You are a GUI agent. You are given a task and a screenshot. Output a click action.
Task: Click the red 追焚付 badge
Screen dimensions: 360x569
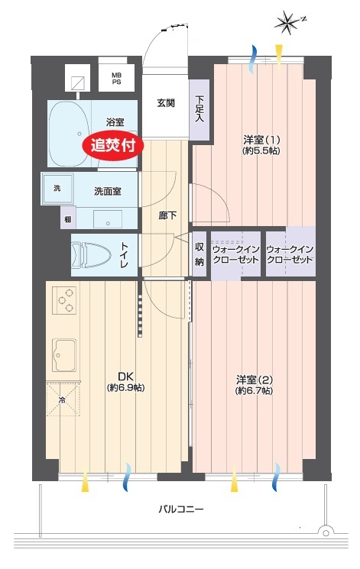point(114,146)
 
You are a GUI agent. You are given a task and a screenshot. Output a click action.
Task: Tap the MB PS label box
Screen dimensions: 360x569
point(116,78)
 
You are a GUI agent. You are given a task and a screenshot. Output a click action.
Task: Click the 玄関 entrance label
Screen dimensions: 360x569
point(166,103)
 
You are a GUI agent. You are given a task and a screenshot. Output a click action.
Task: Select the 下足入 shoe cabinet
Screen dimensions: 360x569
point(199,110)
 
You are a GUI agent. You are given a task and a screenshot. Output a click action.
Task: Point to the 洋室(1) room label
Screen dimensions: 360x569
point(261,145)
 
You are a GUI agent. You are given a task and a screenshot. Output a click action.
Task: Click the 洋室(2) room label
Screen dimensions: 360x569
point(255,385)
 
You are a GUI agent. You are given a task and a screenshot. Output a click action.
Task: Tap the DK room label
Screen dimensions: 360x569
point(125,381)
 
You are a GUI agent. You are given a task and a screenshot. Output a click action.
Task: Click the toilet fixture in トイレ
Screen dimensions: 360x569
point(91,255)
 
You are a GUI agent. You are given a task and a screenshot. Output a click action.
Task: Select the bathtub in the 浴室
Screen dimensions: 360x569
point(69,133)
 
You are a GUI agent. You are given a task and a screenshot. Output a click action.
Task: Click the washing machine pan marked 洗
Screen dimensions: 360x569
point(57,189)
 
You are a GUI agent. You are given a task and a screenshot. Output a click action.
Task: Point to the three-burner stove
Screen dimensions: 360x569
point(64,300)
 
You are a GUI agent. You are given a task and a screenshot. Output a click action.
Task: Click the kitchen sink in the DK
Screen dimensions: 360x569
point(64,355)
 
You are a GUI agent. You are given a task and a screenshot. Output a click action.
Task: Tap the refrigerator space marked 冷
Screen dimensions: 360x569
point(63,399)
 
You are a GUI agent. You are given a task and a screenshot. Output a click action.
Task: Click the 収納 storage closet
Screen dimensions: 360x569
point(199,254)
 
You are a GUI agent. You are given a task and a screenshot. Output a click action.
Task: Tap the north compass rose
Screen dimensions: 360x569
point(288,22)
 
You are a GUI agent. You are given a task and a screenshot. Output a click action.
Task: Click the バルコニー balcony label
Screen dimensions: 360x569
point(181,509)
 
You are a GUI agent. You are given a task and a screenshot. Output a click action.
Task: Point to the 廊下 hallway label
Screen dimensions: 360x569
point(167,215)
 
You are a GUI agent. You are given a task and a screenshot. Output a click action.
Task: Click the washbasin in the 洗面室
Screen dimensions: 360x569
point(108,219)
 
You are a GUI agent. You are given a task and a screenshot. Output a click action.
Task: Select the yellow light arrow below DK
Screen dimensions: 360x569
point(85,480)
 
